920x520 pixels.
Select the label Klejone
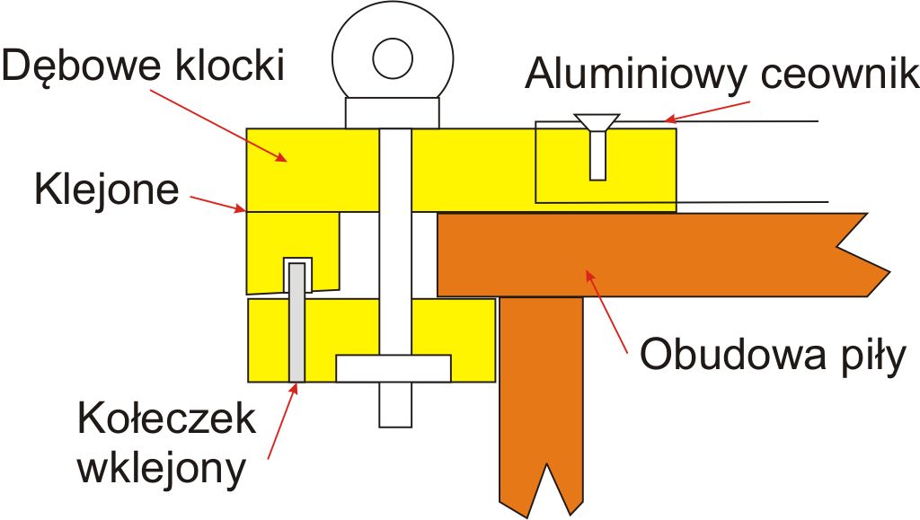[107, 191]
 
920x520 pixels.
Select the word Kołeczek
[166, 420]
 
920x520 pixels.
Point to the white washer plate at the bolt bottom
[393, 367]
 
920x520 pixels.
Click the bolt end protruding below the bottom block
[394, 404]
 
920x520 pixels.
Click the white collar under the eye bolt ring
[394, 112]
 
